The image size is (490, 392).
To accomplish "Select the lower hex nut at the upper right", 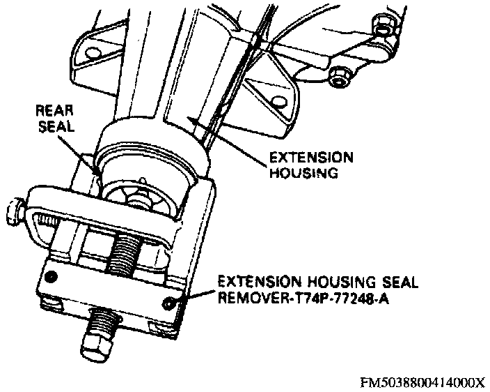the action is pos(339,77).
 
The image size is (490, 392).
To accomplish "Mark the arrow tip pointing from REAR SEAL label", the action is pos(97,173).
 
